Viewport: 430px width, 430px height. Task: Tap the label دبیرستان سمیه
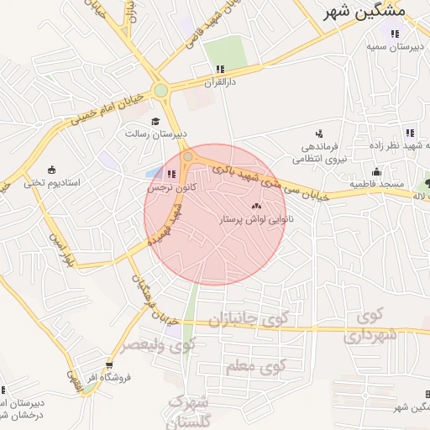click(x=391, y=47)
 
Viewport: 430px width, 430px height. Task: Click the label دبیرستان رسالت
click(x=156, y=134)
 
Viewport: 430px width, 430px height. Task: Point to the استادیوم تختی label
click(x=51, y=181)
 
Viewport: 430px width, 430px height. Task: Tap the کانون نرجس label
click(x=171, y=188)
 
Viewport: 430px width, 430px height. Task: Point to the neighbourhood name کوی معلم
click(x=256, y=367)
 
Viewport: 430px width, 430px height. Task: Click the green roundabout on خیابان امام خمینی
click(x=160, y=91)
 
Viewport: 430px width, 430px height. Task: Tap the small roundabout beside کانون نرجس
click(x=189, y=157)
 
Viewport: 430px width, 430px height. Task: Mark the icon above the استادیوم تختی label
click(x=51, y=168)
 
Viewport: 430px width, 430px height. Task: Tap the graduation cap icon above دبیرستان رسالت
click(x=155, y=121)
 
